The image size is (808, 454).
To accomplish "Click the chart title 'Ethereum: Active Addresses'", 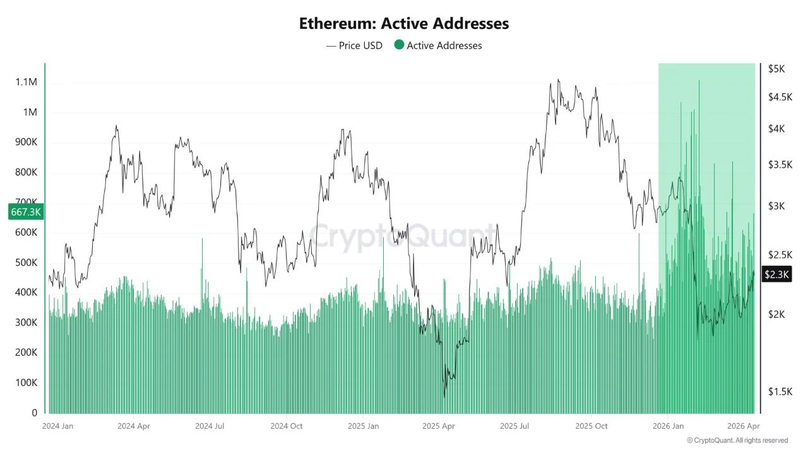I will click(404, 24).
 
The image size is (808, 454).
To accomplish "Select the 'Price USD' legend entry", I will click(354, 45).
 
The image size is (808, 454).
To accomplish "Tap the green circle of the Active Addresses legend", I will click(399, 45).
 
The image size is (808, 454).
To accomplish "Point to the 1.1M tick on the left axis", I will click(27, 83).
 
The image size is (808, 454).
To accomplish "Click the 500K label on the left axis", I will click(27, 262).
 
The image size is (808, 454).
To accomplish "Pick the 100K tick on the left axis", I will click(27, 383).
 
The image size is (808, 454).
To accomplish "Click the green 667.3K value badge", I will click(26, 212).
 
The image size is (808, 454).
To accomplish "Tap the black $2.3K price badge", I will click(776, 274).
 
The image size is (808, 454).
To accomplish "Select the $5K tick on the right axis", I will click(776, 69).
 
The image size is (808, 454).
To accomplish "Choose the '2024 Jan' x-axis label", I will click(57, 426).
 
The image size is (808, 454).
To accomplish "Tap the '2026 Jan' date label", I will click(668, 426).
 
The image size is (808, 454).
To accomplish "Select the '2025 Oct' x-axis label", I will click(591, 426).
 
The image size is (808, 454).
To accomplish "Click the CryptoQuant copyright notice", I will click(737, 440).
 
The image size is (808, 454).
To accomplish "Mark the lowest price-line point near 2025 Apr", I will click(444, 397).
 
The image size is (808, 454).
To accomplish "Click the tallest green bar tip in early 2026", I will click(699, 81).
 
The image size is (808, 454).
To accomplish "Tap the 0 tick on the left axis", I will click(35, 413).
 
